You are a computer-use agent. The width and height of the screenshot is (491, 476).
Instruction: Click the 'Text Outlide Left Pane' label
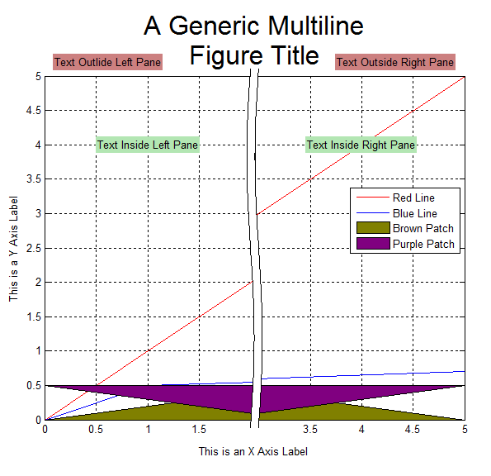[x=107, y=62]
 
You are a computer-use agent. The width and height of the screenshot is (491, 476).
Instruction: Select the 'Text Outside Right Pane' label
[x=395, y=62]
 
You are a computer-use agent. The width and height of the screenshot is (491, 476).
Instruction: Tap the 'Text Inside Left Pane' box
[x=148, y=145]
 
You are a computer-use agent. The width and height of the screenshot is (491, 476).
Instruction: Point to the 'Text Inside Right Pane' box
[x=361, y=145]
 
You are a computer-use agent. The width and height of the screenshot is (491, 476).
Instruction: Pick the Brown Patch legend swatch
[x=373, y=228]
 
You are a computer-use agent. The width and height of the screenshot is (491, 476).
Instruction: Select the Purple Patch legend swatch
[x=373, y=244]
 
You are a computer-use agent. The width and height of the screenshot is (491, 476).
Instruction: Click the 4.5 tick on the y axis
[x=34, y=111]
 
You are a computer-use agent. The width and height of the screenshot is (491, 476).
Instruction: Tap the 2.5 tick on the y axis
[x=34, y=249]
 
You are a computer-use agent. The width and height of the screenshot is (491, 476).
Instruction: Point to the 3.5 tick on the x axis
[x=310, y=429]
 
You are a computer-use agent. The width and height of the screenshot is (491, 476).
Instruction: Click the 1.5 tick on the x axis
[x=199, y=429]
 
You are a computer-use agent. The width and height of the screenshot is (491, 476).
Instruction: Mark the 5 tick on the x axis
[x=465, y=429]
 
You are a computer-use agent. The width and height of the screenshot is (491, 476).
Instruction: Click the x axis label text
[x=253, y=451]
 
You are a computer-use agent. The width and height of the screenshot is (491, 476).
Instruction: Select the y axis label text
[x=13, y=249]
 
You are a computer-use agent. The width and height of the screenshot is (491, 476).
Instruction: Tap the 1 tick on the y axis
[x=38, y=351]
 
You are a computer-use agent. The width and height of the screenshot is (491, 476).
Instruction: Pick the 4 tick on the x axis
[x=361, y=429]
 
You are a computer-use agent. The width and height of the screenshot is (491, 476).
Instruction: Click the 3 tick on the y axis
[x=38, y=214]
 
